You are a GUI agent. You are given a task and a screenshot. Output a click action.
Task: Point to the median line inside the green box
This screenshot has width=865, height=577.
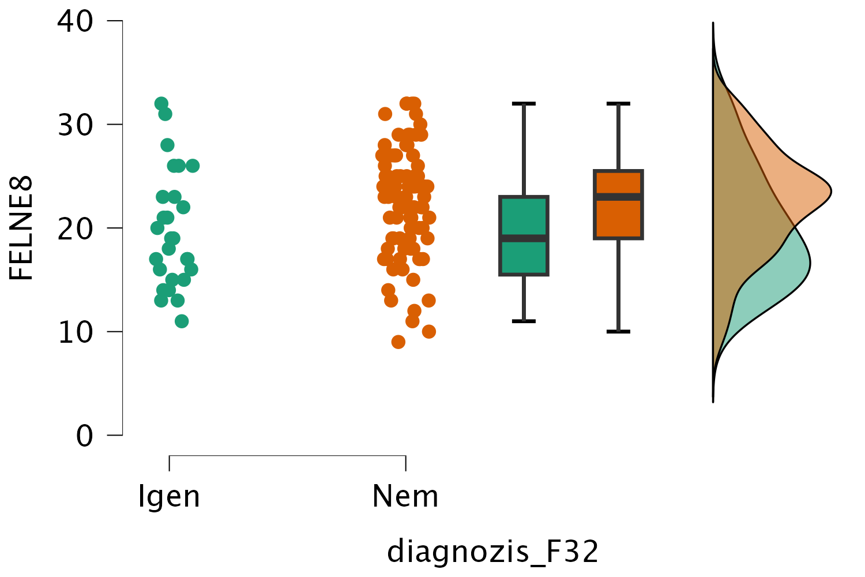pos(524,238)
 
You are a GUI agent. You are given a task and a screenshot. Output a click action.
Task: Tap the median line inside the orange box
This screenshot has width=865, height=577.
pos(618,197)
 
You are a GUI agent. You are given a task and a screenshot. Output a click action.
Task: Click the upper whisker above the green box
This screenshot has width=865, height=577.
pos(524,150)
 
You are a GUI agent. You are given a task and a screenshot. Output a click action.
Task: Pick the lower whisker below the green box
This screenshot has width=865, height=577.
pos(524,298)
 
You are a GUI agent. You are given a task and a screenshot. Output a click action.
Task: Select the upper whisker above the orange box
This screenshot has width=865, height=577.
pos(618,137)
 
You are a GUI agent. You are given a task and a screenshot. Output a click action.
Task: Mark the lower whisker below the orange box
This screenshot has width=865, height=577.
pos(618,286)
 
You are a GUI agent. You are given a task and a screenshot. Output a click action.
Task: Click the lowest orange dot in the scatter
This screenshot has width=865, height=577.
pos(398,342)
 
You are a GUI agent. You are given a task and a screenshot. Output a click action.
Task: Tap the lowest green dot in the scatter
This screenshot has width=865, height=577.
pos(182,321)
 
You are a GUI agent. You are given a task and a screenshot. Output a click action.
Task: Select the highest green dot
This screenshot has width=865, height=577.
pos(161,103)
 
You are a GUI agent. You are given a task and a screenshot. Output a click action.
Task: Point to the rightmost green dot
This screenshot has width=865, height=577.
pos(193,166)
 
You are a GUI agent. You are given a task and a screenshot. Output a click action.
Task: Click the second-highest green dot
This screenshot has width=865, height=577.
pos(165,114)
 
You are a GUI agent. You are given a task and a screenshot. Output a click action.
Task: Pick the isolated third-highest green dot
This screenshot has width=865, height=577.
pos(167,145)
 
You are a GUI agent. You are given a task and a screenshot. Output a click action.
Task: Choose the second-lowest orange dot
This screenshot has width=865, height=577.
pos(429,331)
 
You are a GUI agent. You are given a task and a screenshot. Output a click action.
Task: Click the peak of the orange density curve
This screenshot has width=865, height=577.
pos(829,191)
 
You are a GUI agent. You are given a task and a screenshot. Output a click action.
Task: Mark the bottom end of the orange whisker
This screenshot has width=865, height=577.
pos(618,330)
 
